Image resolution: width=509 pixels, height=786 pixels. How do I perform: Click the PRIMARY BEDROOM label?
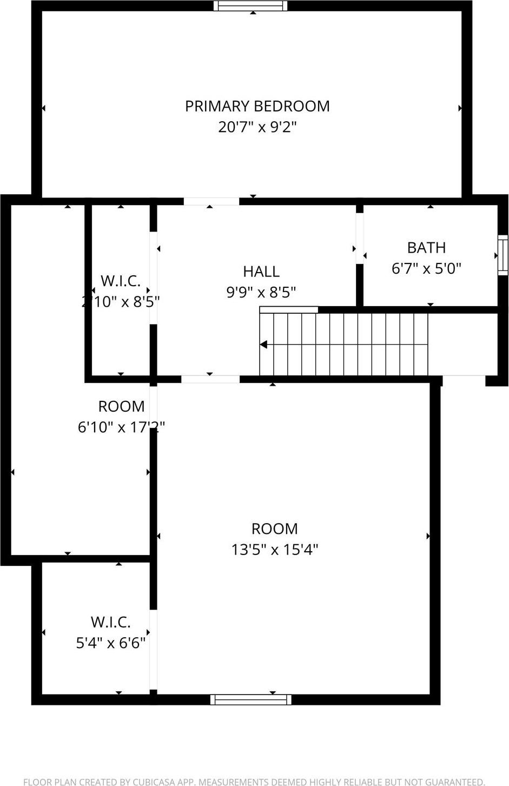257,106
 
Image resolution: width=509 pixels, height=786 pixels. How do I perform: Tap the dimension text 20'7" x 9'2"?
257,127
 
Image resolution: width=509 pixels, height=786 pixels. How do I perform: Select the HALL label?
261,272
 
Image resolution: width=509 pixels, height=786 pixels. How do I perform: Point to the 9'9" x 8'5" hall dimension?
261,293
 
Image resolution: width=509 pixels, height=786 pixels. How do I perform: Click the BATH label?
426,248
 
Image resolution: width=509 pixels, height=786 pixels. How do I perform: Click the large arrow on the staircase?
264,345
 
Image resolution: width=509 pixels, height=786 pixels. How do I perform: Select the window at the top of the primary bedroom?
250,6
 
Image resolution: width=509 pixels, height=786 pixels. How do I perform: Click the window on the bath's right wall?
503,255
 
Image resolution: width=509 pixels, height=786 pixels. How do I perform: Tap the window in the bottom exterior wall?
250,699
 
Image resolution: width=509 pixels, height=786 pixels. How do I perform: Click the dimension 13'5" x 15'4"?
274,550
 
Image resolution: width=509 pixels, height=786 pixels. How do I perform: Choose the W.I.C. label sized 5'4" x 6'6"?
110,622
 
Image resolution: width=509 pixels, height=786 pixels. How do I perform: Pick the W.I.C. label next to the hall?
120,281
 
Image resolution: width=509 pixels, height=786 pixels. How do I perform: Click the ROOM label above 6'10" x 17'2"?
121,406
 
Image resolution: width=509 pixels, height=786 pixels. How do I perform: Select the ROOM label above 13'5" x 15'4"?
274,529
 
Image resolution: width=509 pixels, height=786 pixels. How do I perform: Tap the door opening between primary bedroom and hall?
211,202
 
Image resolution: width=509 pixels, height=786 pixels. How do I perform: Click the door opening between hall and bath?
360,238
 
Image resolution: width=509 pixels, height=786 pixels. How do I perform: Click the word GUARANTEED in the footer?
451,782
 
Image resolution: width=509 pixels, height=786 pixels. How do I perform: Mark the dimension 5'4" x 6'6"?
110,643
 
